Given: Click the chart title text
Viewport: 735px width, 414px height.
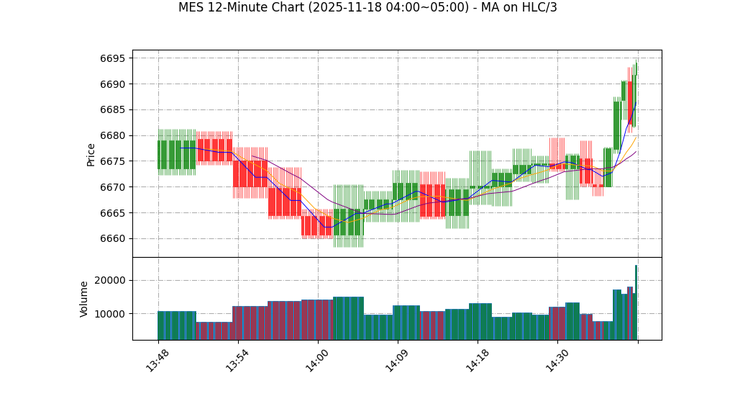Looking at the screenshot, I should click(367, 8).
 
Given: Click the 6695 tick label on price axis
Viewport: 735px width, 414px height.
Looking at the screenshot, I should click(113, 58).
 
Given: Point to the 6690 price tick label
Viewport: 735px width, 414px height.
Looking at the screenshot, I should click(113, 84).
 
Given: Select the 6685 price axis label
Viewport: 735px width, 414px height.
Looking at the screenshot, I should click(113, 110).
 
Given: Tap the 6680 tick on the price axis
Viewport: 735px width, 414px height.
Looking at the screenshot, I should click(113, 135).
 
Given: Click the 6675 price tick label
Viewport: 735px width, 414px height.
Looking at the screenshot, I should click(113, 161).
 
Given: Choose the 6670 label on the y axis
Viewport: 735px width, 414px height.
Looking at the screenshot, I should click(113, 187).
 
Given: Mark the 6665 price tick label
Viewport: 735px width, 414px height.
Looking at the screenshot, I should click(113, 213).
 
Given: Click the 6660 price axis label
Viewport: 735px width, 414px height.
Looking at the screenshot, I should click(113, 238).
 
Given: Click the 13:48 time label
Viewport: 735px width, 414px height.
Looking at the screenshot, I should click(157, 360).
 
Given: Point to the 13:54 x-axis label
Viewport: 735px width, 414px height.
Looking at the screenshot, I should click(237, 360).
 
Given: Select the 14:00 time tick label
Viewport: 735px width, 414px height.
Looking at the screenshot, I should click(317, 360).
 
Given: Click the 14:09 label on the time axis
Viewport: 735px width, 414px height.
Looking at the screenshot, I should click(397, 360).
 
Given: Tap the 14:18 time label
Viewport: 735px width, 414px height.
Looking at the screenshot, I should click(477, 360).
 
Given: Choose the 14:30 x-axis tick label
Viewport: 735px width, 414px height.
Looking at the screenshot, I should click(557, 360).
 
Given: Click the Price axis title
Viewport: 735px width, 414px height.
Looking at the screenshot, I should click(91, 154).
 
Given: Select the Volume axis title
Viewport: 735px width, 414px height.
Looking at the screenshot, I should click(84, 299).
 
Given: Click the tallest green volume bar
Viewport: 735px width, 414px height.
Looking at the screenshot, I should click(636, 302).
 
